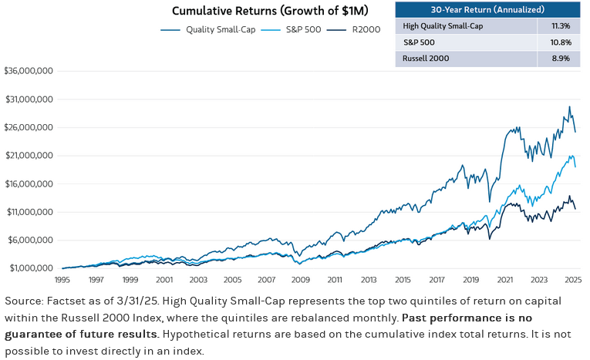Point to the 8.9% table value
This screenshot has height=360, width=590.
[x=562, y=57]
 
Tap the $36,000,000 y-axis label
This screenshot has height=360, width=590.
[x=29, y=71]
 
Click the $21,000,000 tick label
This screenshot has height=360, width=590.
[x=29, y=156]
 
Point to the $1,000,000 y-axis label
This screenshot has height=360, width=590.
[x=30, y=268]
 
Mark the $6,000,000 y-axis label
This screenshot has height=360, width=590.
[x=30, y=240]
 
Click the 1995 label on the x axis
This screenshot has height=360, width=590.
[x=62, y=280]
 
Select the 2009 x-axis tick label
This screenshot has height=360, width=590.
[x=300, y=280]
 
